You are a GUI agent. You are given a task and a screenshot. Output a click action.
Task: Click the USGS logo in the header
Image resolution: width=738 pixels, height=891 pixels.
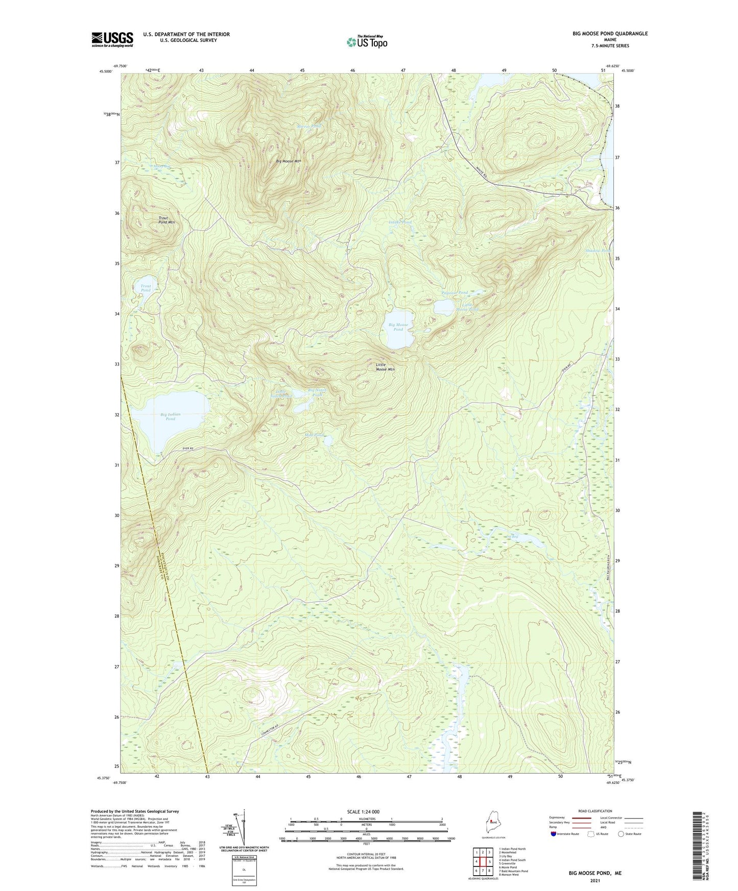click(112, 39)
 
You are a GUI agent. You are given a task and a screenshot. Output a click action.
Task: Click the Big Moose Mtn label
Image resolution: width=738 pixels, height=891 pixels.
click(289, 161)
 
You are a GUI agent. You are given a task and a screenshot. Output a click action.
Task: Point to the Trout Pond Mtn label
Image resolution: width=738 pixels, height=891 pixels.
click(166, 220)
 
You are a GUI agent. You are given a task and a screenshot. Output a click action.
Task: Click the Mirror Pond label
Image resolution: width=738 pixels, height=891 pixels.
click(310, 126)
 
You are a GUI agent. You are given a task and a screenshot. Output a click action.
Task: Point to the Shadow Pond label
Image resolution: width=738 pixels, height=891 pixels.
click(598, 251)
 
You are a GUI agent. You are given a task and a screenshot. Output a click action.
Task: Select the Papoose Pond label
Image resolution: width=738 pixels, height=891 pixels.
click(455, 293)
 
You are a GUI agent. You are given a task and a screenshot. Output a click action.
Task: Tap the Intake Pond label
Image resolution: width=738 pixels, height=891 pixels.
click(400, 222)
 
